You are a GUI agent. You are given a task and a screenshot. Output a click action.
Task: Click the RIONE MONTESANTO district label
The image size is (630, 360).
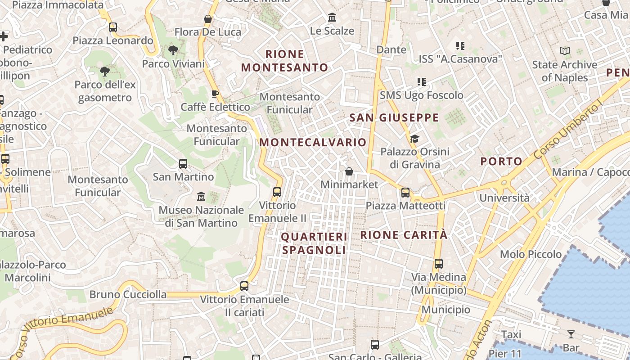point(284,61)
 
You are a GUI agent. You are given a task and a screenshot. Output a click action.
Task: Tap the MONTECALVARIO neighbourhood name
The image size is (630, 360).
point(313,143)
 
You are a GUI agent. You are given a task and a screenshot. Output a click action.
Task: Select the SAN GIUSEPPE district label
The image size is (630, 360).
point(394,118)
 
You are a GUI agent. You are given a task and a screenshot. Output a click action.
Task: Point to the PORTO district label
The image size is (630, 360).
point(501,162)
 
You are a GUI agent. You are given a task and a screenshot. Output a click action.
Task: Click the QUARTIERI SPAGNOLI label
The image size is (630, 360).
point(314,243)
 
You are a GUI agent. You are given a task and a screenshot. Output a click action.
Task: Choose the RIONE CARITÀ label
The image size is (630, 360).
point(404,235)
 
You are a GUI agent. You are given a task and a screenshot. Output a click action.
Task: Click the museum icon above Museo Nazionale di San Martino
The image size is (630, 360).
point(201,197)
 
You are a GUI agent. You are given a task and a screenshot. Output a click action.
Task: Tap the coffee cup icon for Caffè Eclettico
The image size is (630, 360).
point(215,94)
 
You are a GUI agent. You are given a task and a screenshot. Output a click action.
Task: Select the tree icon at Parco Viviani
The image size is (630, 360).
point(173,50)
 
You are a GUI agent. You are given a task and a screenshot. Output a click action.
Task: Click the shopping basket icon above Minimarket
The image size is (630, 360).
point(349,171)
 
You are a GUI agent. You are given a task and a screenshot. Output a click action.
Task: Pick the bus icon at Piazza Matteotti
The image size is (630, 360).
point(405,193)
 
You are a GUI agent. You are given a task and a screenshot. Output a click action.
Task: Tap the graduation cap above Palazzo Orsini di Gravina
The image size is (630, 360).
point(414,139)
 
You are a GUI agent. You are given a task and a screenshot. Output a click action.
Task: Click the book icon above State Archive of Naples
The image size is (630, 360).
point(565,51)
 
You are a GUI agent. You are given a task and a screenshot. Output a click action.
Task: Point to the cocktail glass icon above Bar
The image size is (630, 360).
point(571,334)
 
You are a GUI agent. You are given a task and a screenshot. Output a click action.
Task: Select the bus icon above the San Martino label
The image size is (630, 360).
point(183,163)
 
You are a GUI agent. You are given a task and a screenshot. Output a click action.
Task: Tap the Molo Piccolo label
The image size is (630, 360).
point(531,254)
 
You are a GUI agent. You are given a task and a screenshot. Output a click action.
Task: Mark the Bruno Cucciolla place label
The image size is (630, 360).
point(128,295)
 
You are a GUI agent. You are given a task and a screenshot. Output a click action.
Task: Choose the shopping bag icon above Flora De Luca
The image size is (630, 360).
point(208,19)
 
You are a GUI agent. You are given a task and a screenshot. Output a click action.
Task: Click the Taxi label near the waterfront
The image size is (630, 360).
point(511,334)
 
